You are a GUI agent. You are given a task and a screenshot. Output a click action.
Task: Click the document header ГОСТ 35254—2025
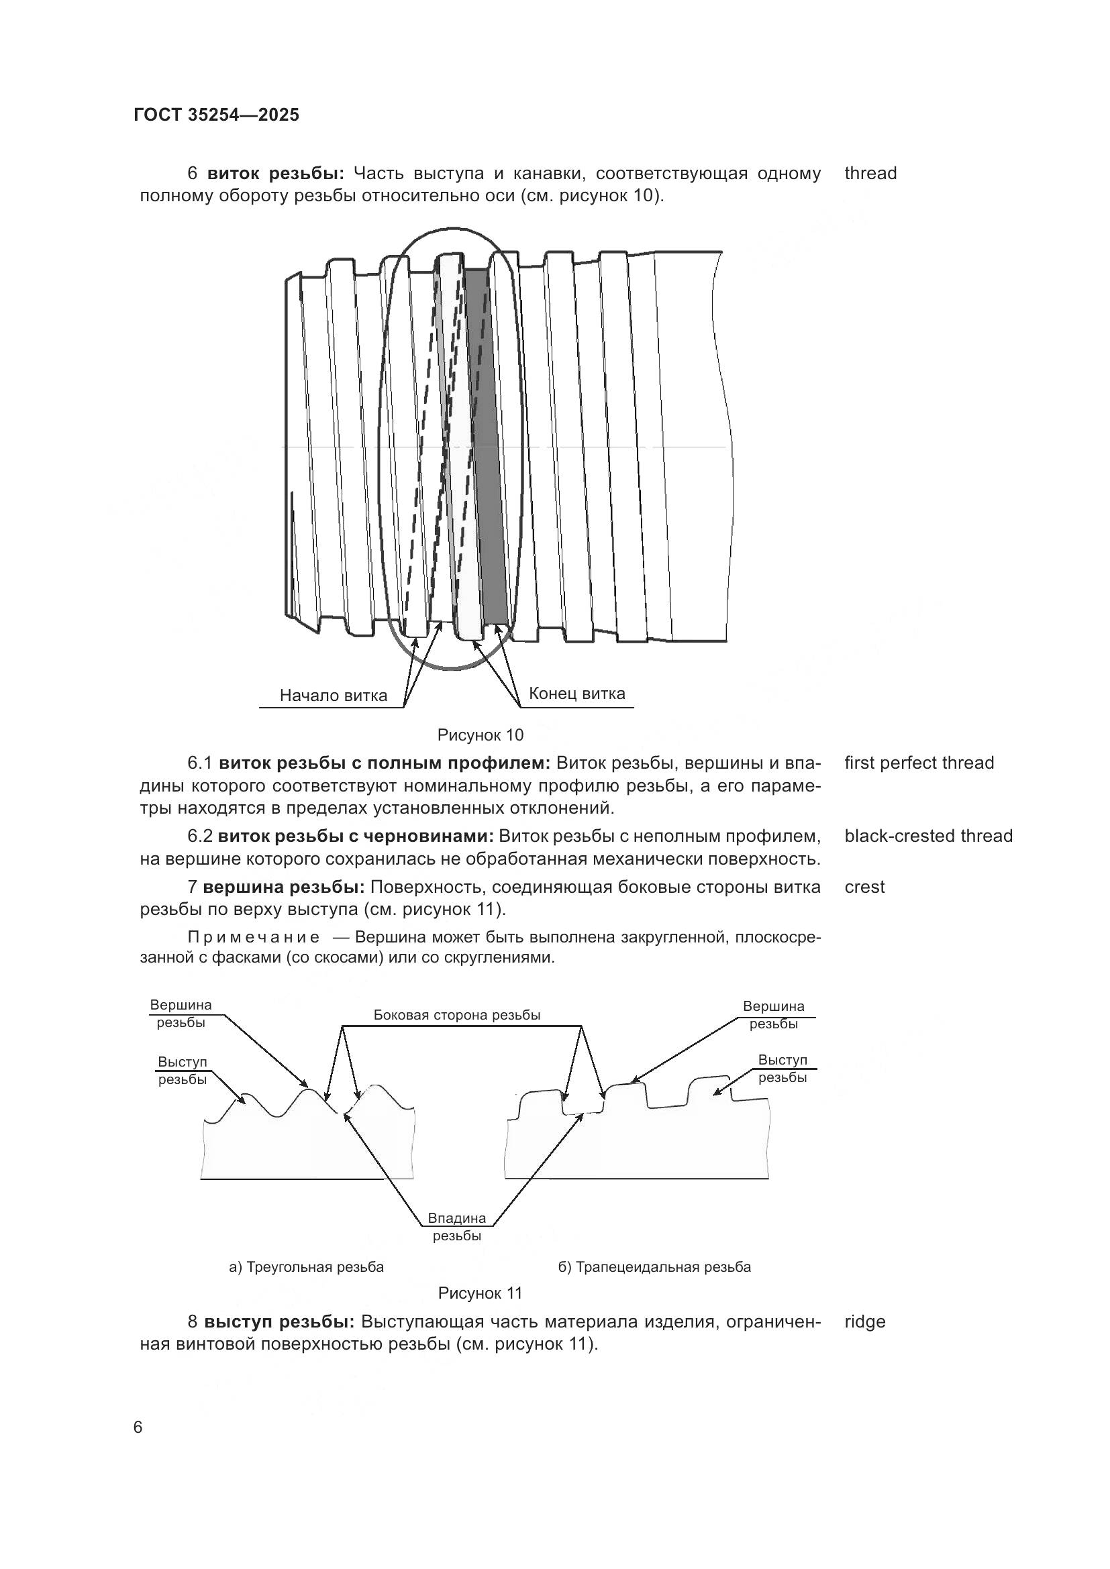coord(217,115)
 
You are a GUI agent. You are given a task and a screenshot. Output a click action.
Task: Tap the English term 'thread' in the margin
coord(870,174)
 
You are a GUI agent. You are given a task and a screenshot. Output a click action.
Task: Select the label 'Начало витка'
coord(334,696)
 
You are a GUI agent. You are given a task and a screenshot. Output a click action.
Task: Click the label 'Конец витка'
coord(577,694)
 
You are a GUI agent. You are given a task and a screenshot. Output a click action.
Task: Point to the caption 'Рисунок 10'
coord(480,735)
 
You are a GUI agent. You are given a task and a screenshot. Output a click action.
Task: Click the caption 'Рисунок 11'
coord(480,1293)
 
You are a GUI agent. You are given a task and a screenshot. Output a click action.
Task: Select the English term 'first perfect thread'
coord(919,763)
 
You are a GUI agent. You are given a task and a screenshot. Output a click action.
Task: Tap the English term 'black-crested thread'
coord(928,836)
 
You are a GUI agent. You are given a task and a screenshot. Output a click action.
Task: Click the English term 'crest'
coord(864,887)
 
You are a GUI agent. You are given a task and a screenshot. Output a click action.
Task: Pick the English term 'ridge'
coord(864,1321)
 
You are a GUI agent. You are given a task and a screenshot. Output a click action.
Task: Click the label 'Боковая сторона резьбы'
coord(456,1015)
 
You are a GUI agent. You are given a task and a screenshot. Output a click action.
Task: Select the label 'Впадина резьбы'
coord(456,1226)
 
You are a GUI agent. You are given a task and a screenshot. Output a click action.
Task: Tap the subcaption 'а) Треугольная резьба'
coord(306,1267)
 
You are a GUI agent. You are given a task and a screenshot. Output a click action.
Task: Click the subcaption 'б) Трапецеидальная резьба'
coord(654,1267)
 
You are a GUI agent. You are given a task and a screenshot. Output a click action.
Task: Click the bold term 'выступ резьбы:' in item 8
coord(279,1321)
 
